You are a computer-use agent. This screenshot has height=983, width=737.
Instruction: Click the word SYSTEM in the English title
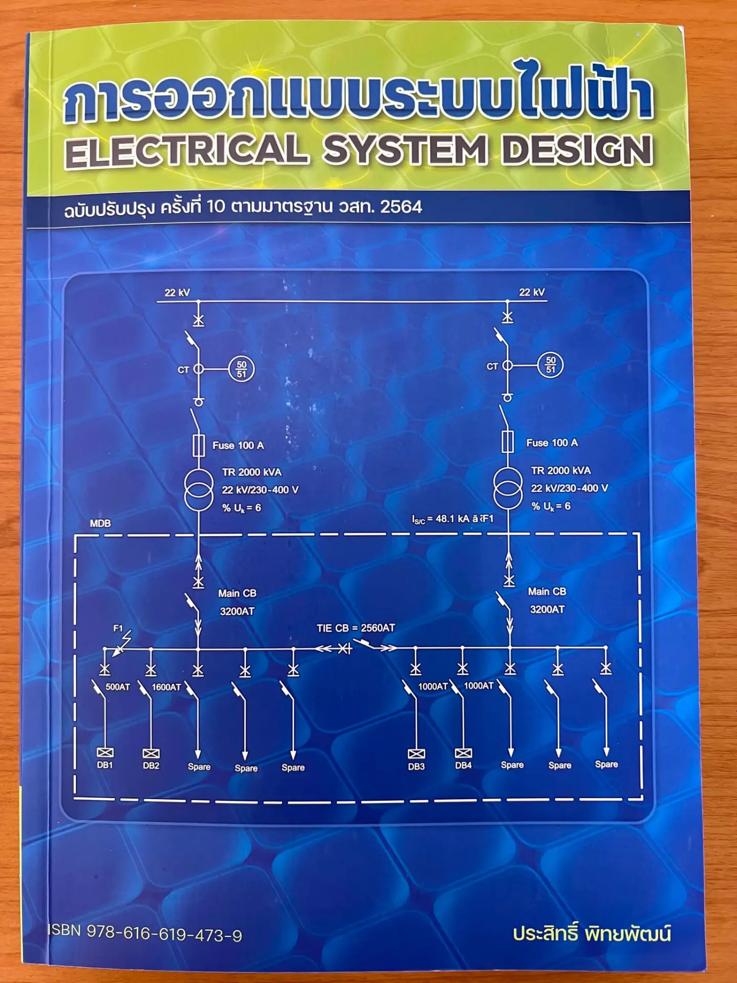click(x=405, y=151)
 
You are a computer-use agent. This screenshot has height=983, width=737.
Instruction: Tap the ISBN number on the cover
click(x=145, y=933)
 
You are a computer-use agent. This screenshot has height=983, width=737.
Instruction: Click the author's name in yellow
click(x=592, y=933)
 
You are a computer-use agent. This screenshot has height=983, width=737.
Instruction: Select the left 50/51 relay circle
click(x=241, y=369)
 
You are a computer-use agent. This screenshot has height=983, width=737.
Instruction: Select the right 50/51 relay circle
click(x=550, y=365)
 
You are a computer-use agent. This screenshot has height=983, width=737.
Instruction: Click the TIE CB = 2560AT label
click(x=356, y=628)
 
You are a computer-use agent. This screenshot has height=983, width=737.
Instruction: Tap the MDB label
click(x=100, y=523)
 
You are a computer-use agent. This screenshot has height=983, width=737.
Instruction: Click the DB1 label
click(x=105, y=765)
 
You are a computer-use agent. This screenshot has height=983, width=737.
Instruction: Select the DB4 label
click(x=463, y=765)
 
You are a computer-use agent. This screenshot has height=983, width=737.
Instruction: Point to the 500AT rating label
click(x=118, y=687)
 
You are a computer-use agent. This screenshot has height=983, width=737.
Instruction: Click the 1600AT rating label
click(x=166, y=687)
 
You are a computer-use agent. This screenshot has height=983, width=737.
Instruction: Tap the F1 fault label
click(x=118, y=628)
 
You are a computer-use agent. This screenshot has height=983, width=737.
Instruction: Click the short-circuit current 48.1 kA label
click(x=453, y=519)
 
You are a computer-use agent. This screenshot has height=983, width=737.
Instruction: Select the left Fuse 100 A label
click(x=238, y=445)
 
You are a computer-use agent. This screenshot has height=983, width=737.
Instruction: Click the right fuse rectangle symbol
click(x=507, y=441)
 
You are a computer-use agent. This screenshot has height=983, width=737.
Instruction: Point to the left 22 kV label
click(x=177, y=292)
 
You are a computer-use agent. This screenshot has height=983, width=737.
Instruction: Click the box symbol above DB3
click(x=416, y=754)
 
